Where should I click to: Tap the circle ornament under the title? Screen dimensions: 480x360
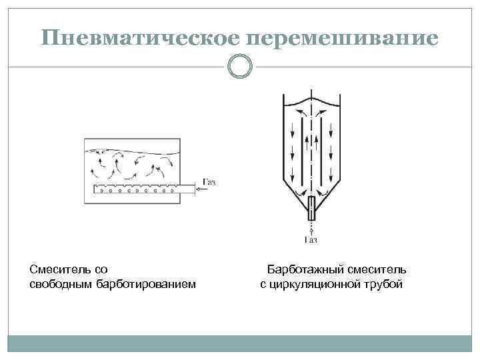pos(240,66)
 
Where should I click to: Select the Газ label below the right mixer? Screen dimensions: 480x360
pos(311,240)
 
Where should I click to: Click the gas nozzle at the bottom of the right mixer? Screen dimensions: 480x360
pos(311,209)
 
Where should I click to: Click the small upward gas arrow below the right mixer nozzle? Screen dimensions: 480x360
pos(311,227)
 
